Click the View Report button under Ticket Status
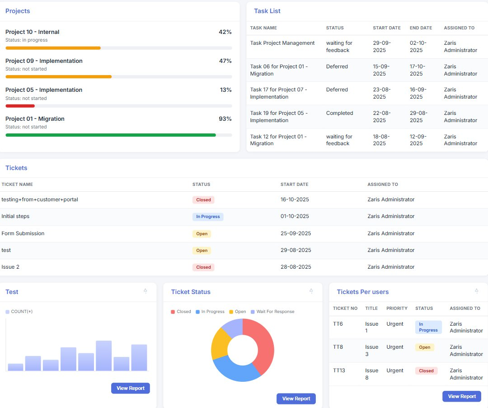point(296,399)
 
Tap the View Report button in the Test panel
point(131,388)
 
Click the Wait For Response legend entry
point(272,312)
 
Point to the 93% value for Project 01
point(225,119)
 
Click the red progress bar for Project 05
point(20,106)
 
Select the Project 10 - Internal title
point(33,32)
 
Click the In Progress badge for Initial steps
point(208,217)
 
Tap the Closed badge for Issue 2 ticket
point(203,267)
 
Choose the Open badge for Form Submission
point(202,233)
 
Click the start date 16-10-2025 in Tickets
point(295,199)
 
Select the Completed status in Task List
point(339,113)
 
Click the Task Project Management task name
point(282,43)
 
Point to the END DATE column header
point(421,28)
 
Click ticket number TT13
point(339,370)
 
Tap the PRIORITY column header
point(397,308)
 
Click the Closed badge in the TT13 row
point(426,370)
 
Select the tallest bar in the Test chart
point(103,356)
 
